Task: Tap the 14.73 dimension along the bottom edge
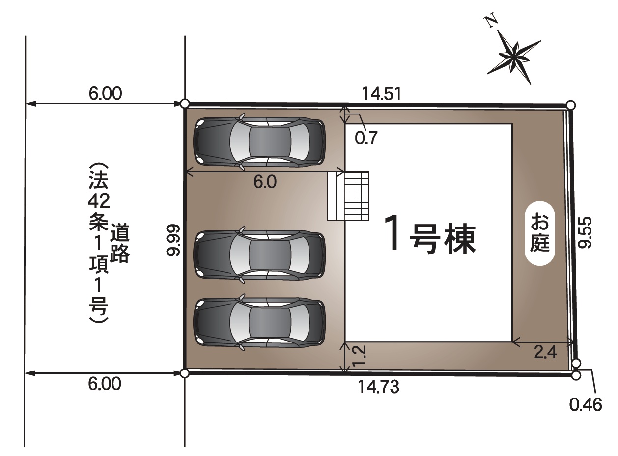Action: click(378, 387)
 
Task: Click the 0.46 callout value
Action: click(586, 405)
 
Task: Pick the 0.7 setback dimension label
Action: click(366, 138)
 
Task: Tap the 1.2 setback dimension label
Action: click(359, 356)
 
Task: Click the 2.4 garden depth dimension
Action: click(545, 352)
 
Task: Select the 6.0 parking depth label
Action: click(265, 182)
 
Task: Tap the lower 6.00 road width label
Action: click(105, 384)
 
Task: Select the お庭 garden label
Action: click(540, 235)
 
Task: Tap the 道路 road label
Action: click(120, 242)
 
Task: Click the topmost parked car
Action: click(259, 142)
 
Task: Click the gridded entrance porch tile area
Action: click(357, 196)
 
